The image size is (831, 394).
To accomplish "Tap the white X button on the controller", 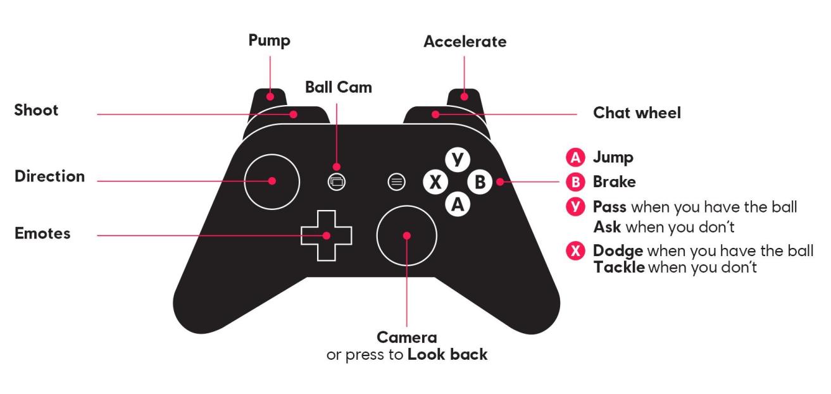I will point(435,182).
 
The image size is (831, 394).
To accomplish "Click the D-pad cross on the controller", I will point(326,235).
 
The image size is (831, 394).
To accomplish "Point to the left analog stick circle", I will point(272,181).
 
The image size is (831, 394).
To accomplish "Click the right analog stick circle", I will point(406,235).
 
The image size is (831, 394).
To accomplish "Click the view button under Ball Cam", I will point(336,182).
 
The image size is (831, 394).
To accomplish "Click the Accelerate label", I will point(465,42).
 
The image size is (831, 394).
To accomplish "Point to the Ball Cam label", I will point(338,87).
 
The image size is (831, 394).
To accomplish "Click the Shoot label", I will point(36,110).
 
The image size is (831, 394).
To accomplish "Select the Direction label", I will point(50,176).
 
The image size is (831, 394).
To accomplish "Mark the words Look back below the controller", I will point(447,354).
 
